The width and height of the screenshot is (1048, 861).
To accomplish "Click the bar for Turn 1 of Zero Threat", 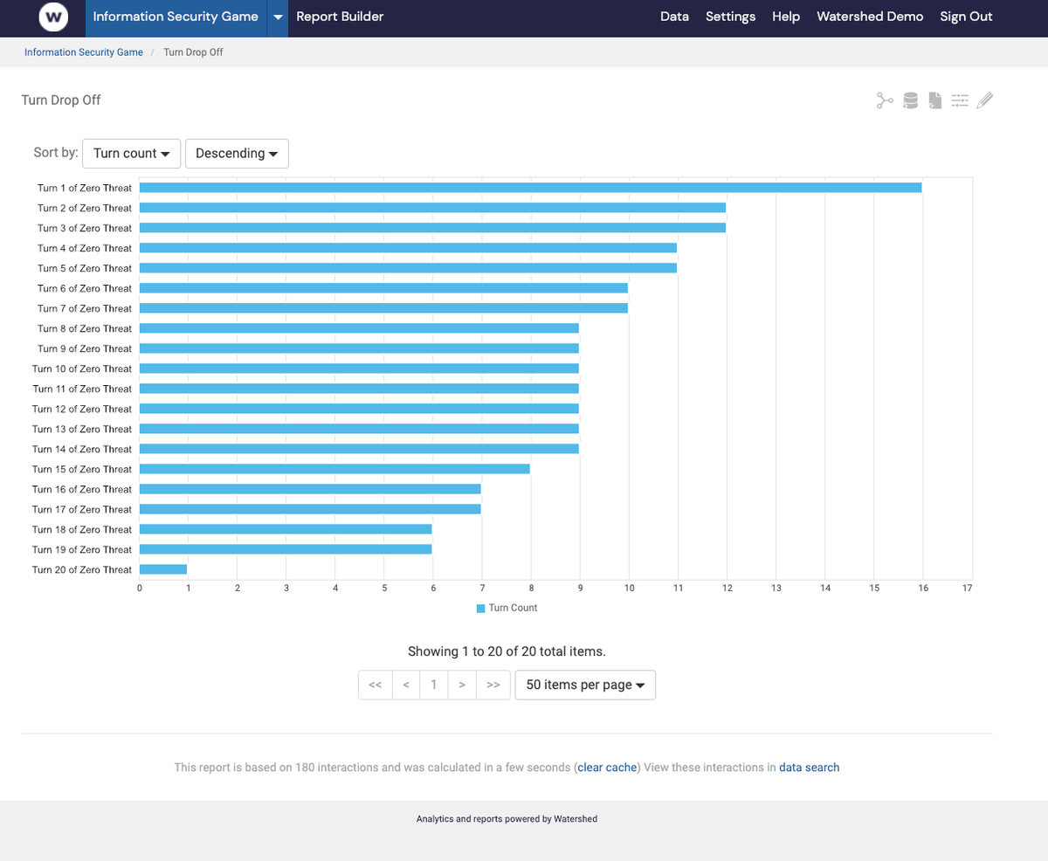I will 530,188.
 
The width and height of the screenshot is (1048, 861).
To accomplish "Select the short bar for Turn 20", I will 163,569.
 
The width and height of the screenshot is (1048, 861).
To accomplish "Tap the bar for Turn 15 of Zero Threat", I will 334,469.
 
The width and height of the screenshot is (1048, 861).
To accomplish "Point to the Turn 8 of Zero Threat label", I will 85,328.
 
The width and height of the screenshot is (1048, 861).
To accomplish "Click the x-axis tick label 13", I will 776,589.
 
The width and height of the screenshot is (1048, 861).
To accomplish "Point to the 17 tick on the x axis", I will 967,589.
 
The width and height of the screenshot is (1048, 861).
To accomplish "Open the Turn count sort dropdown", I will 131,153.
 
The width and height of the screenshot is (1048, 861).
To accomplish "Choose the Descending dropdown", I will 237,153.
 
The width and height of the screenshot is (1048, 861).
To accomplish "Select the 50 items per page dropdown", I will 585,685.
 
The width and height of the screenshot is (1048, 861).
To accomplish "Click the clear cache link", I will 607,768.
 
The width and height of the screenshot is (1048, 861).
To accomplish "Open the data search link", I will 809,768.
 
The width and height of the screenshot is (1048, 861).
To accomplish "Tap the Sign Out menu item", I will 966,17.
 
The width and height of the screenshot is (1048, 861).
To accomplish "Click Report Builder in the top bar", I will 340,17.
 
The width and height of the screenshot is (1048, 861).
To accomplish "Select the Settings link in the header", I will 730,17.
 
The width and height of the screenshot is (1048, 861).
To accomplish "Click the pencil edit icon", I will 985,100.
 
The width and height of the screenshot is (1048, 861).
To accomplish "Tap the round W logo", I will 54,17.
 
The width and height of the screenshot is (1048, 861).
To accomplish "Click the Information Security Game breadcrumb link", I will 84,52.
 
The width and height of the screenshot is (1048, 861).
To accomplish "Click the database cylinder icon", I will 910,100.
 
